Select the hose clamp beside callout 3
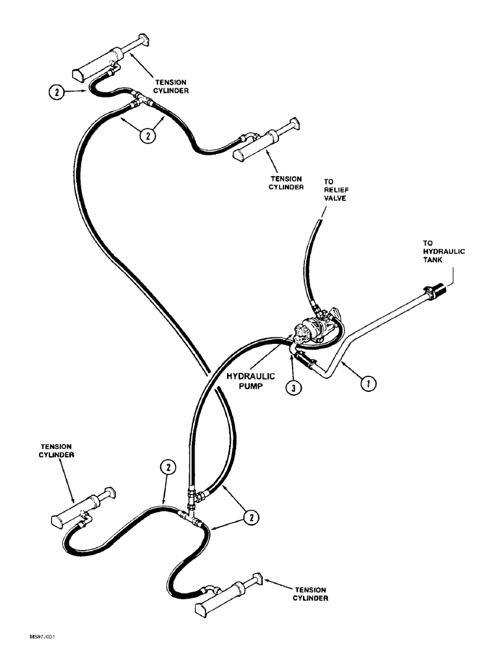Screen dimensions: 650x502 point(304,361)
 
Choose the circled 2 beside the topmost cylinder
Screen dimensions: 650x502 point(58,93)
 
